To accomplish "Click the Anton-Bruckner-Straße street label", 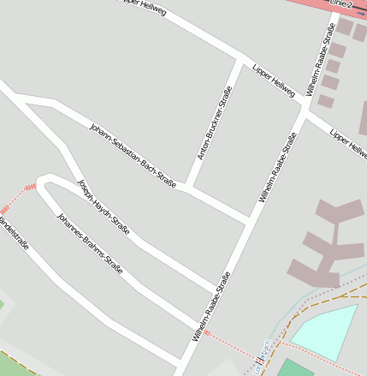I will tap(215, 122).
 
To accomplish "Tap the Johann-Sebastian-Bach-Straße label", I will tap(133, 155).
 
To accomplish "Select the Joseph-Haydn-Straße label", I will tap(104, 206).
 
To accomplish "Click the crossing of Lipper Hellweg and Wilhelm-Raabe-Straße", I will tap(305, 108).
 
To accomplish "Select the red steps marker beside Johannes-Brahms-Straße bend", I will tap(30, 187).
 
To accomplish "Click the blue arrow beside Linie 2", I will tap(361, 12).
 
